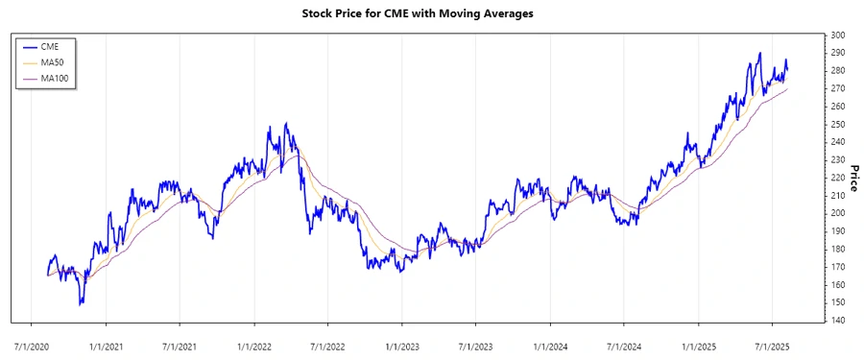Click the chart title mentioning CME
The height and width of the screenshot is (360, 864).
[x=431, y=14]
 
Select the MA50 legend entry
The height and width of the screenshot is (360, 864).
[x=54, y=62]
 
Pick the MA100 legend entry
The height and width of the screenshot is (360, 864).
[x=56, y=78]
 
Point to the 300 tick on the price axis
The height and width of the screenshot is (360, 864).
[x=838, y=36]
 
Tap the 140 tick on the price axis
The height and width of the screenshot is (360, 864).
[x=838, y=321]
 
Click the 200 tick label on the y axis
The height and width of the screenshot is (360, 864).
[x=838, y=213]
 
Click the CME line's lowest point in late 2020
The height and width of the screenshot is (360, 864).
[x=81, y=304]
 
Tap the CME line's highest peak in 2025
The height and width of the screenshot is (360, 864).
[x=759, y=53]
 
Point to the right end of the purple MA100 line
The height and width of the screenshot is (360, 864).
[x=788, y=89]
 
